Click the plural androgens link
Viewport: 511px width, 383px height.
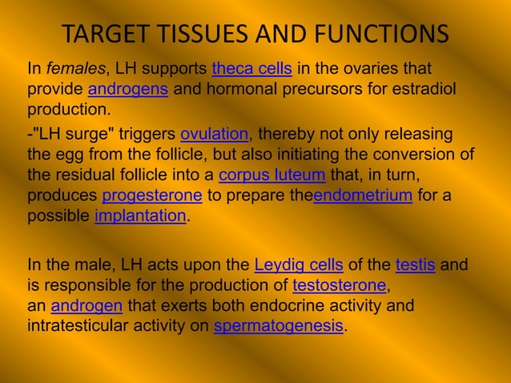click(127, 88)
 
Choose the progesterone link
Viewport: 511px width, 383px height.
click(153, 196)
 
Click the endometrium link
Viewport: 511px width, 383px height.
click(363, 196)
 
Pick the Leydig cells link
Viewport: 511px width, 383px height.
click(299, 264)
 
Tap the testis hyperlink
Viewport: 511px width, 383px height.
click(415, 264)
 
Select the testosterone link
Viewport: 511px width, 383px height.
click(340, 285)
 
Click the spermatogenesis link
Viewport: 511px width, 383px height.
click(278, 327)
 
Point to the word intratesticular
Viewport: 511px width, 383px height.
click(78, 327)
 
